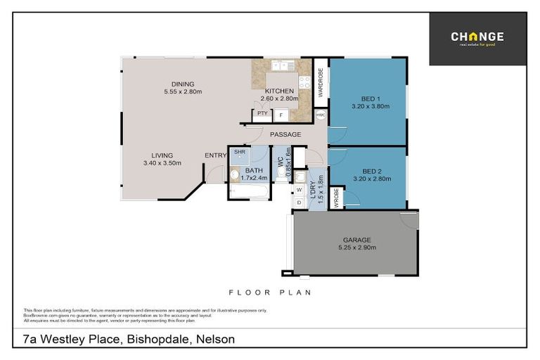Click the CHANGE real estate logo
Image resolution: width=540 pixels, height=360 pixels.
click(x=477, y=38)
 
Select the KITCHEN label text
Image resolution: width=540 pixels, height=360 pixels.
click(x=279, y=91)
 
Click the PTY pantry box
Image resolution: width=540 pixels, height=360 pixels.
click(x=262, y=113)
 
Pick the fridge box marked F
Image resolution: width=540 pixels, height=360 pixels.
click(x=281, y=114)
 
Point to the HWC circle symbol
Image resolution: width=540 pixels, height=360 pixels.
click(x=321, y=115)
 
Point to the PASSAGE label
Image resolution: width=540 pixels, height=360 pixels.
click(x=285, y=134)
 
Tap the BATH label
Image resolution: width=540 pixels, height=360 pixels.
click(x=254, y=170)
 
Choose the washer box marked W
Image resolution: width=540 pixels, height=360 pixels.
click(x=300, y=190)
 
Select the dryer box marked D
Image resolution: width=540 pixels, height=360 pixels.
click(x=300, y=202)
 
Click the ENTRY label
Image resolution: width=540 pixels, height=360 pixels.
click(x=215, y=155)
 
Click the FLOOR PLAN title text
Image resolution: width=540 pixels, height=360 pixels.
click(x=270, y=292)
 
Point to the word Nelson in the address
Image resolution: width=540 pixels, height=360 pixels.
click(x=214, y=339)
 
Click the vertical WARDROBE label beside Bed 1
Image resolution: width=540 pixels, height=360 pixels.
click(x=320, y=82)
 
